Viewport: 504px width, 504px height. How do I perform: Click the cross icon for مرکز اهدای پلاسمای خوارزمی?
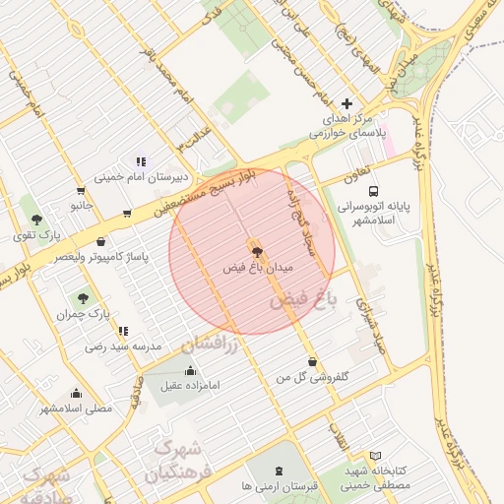[x=346, y=103]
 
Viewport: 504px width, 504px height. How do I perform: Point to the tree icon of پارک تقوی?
[x=36, y=220]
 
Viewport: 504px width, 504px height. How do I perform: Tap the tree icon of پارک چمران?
[x=82, y=297]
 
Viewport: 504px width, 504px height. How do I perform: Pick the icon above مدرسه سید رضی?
[x=122, y=332]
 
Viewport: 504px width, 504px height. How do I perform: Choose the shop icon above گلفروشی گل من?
[x=312, y=361]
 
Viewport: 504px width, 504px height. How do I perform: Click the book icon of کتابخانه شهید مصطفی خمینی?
[x=374, y=456]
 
